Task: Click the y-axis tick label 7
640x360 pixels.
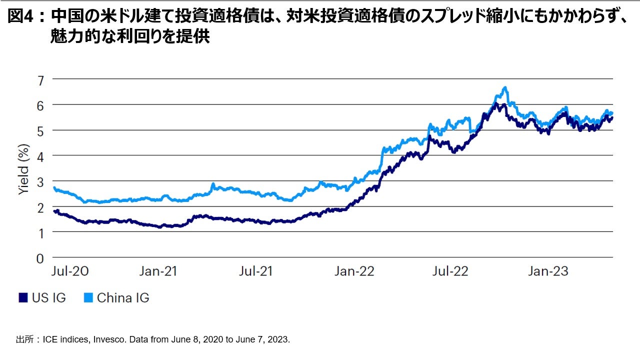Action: (x=40, y=79)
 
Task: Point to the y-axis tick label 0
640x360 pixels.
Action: (x=40, y=258)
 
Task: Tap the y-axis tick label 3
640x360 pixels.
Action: (x=40, y=181)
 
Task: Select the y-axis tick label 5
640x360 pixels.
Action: (x=40, y=130)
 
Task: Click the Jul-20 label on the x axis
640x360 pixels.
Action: (x=70, y=271)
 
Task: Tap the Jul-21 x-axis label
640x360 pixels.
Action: (x=256, y=271)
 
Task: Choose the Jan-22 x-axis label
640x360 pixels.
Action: (x=354, y=271)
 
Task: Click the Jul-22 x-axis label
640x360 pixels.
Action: (x=450, y=271)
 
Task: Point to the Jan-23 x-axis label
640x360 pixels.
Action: (x=548, y=271)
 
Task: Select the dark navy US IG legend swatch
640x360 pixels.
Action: (x=23, y=298)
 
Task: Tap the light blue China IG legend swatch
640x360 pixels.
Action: (x=88, y=298)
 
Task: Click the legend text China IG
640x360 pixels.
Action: (x=123, y=298)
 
